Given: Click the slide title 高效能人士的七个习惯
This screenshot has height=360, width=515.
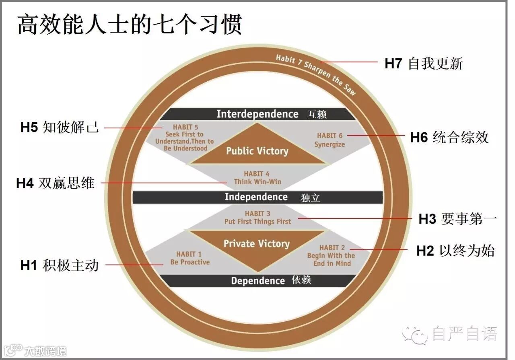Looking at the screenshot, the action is coord(130,25).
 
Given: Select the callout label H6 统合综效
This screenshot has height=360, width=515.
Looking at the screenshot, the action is coord(449,137).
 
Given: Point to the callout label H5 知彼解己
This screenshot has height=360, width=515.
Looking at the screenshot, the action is coord(60,128).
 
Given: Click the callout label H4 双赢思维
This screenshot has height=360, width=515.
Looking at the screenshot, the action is coord(56,183).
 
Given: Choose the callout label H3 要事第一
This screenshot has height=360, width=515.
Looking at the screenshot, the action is coord(458,219).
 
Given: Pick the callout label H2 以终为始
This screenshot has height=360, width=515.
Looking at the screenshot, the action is coord(455,251).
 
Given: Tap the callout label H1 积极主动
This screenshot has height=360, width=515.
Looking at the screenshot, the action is coord(60,265).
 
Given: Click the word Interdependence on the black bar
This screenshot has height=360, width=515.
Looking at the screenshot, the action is coord(257,114).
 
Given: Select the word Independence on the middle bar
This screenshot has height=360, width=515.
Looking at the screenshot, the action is coord(256,197).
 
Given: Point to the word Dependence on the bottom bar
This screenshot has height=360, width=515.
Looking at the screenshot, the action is coord(258,281).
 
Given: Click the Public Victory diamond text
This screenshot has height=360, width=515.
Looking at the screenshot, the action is coord(257,151).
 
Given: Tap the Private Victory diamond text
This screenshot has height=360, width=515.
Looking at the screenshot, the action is coord(257,244).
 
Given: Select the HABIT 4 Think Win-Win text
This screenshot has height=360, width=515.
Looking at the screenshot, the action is coord(257,178).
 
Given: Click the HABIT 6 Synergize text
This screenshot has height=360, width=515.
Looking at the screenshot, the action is coord(330,140).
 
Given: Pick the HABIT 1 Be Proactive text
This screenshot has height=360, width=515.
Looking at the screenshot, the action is coord(190,258).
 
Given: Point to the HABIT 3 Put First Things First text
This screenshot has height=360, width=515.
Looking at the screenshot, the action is coord(257,218).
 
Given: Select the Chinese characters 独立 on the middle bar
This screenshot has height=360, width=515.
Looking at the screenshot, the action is coord(310,198).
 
